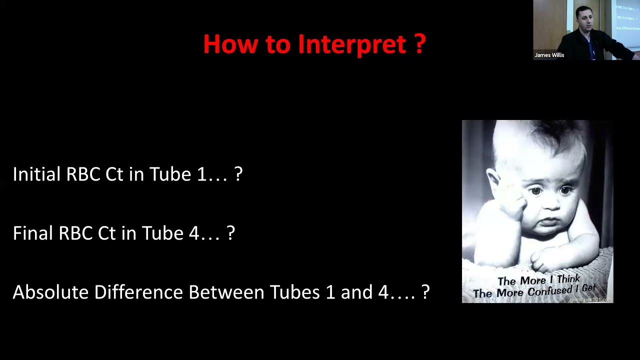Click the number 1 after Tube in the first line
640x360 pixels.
coord(201,174)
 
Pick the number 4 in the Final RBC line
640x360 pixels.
coord(193,233)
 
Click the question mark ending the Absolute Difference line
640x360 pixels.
coord(425,292)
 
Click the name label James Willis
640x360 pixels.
coord(549,55)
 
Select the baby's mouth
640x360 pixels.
coord(549,222)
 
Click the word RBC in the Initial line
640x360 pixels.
coord(83,174)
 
